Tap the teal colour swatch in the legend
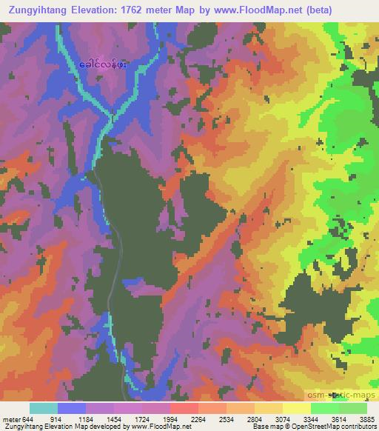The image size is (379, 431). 44,408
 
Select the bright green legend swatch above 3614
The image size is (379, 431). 324,408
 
